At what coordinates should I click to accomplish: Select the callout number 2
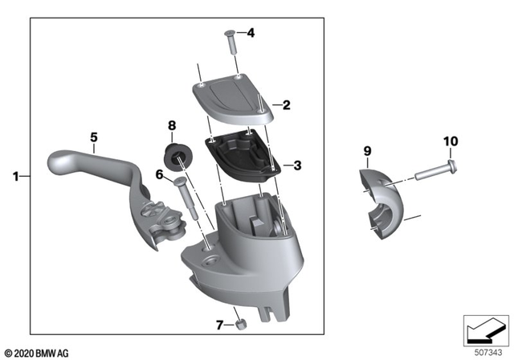[286, 104]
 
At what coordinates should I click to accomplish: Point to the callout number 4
[250, 33]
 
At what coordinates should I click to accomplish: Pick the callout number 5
[94, 137]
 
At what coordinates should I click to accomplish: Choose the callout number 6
[159, 174]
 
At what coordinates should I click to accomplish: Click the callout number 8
[171, 125]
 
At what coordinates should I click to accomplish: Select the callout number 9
[367, 150]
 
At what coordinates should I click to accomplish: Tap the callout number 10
[450, 141]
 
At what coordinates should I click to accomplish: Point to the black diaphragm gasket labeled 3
[239, 152]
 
